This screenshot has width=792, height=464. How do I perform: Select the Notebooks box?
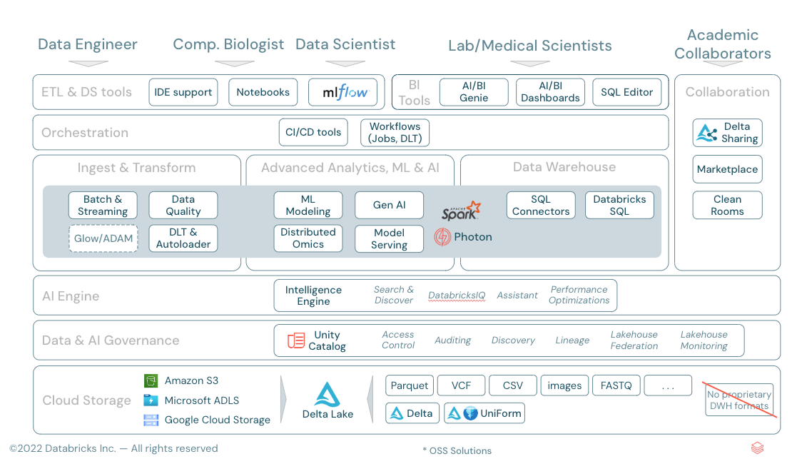(x=263, y=92)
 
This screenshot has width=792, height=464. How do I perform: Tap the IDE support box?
(x=183, y=92)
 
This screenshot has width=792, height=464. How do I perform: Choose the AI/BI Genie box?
(x=474, y=92)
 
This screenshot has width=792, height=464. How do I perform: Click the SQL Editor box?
(x=626, y=92)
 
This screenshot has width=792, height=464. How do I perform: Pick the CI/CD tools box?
(x=313, y=132)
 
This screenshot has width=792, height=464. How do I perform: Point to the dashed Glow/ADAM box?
(x=103, y=238)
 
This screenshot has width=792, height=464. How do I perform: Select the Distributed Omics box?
(x=308, y=238)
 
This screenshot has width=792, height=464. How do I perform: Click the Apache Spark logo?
(x=461, y=210)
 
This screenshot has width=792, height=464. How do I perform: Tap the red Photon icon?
(x=442, y=237)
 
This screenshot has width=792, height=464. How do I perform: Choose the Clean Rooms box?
(x=727, y=205)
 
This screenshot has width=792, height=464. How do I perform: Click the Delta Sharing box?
(x=727, y=133)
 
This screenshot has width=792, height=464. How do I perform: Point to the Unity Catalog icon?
(x=296, y=341)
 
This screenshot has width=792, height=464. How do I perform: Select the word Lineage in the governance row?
(x=572, y=341)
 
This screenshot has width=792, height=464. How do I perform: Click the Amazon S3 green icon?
(x=151, y=381)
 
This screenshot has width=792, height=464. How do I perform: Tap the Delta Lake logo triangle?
(x=328, y=395)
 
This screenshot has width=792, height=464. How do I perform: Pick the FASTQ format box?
(x=616, y=385)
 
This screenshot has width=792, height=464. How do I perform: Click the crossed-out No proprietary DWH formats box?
(x=738, y=400)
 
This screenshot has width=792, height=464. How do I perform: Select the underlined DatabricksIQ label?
(x=457, y=296)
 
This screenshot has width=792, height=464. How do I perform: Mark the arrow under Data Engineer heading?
(x=88, y=63)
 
